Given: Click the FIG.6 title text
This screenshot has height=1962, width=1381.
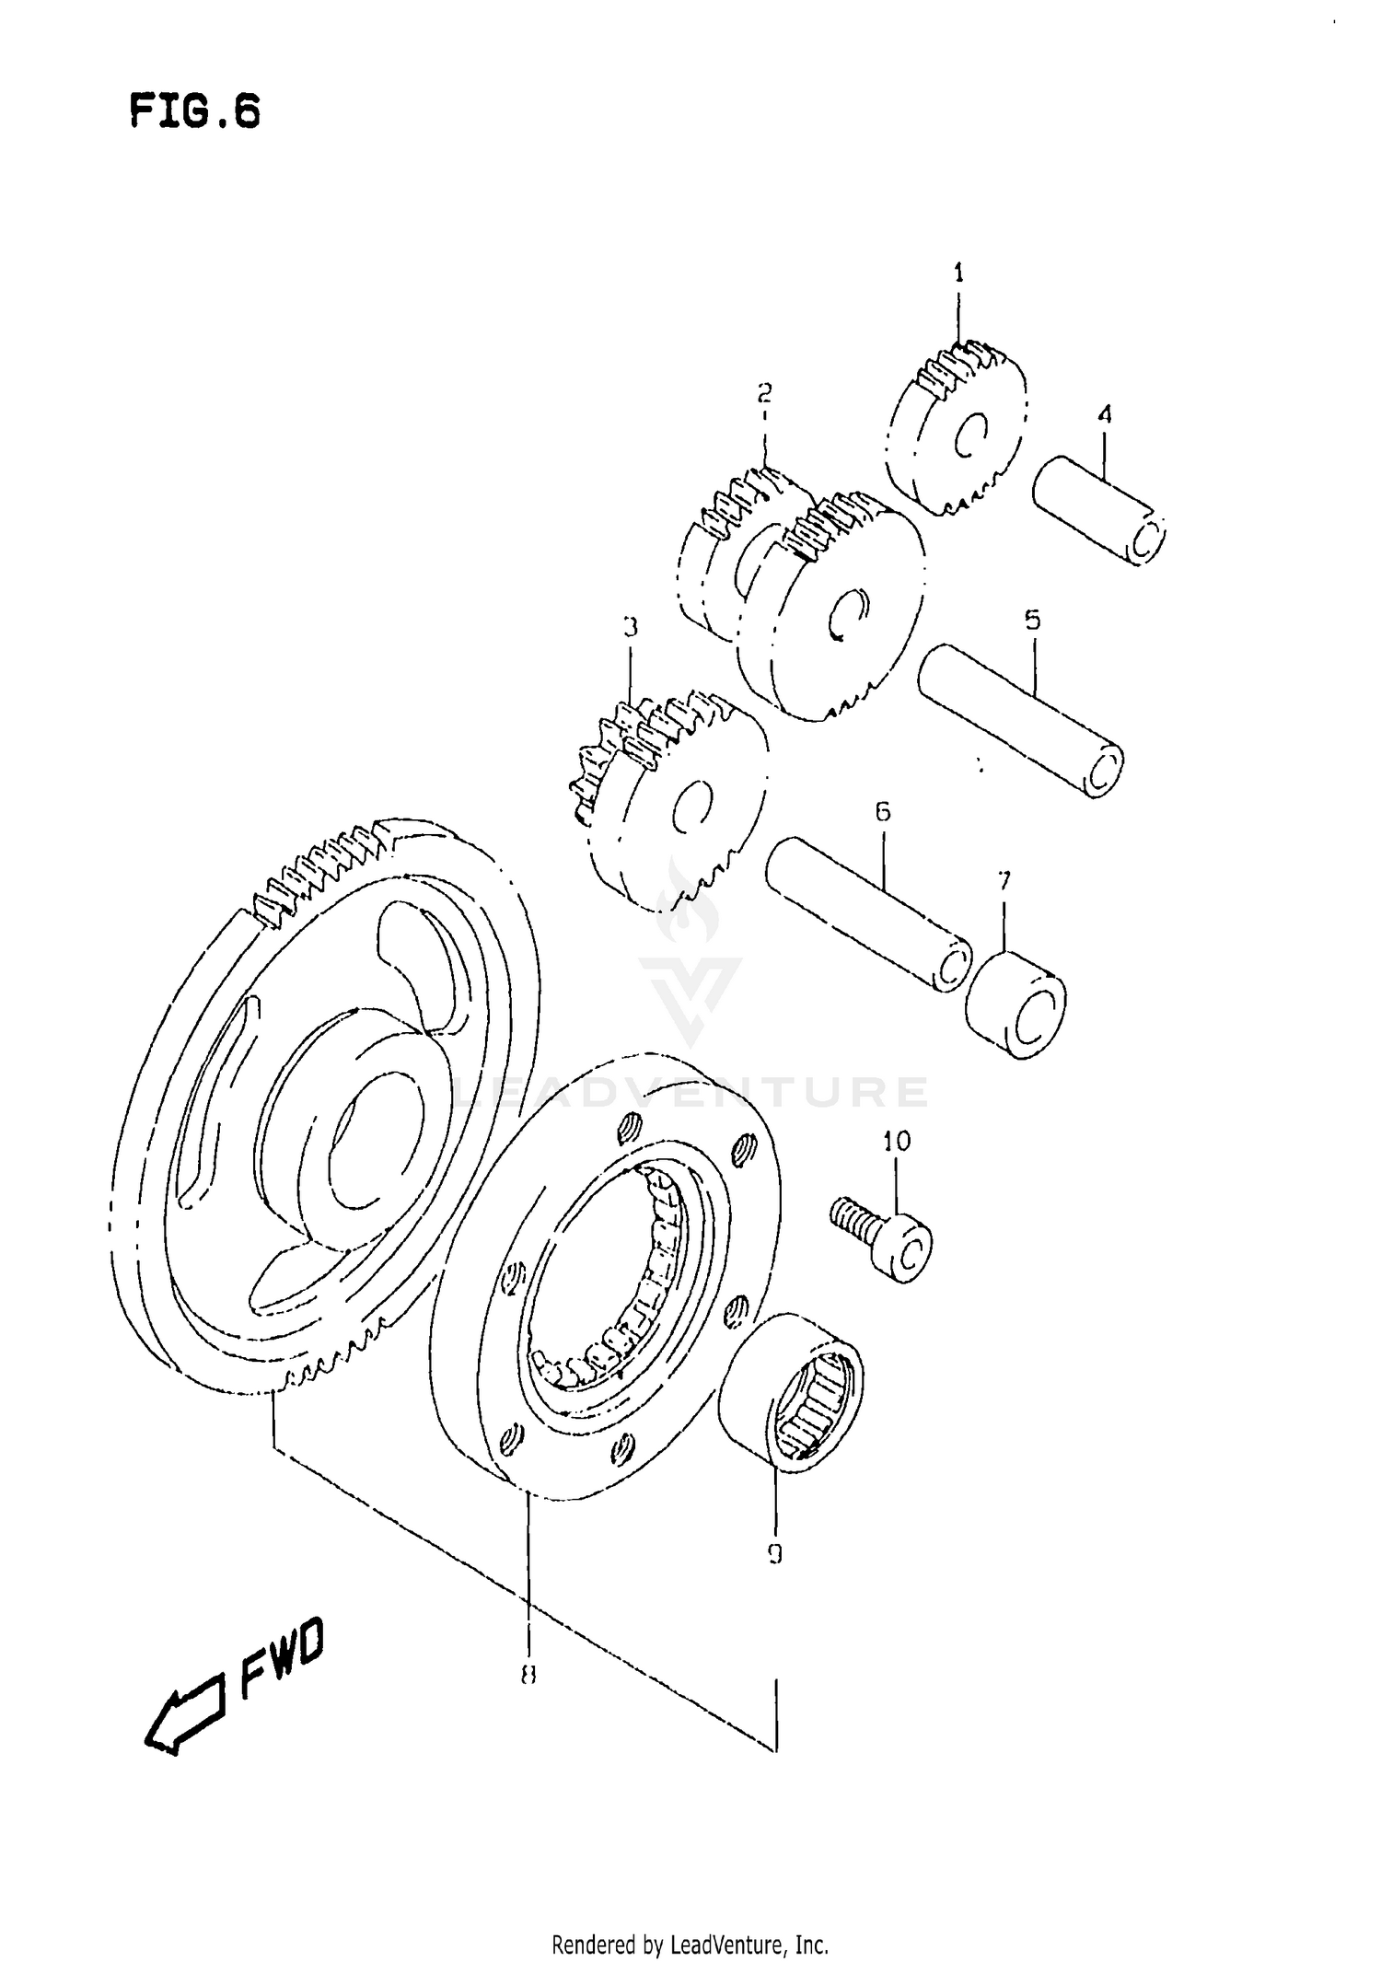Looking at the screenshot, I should [194, 111].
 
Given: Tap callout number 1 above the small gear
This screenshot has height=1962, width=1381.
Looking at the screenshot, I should [957, 273].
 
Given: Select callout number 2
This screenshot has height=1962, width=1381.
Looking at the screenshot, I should [764, 393].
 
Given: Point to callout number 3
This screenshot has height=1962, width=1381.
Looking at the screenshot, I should [630, 628].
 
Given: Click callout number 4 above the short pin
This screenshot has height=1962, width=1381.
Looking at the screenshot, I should [1105, 414].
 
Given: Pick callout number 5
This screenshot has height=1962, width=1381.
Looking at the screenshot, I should [1032, 620].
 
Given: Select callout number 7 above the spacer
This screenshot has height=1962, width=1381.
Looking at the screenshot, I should [1004, 881].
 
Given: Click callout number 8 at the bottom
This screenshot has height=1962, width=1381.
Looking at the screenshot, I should [528, 1676].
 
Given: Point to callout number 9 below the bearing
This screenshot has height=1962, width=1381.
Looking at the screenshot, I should [774, 1554].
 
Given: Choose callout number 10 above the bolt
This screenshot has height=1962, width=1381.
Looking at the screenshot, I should [896, 1141].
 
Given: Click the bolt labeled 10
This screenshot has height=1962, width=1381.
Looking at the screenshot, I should [884, 1238].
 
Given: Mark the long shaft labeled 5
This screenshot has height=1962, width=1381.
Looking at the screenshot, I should [1021, 719].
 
